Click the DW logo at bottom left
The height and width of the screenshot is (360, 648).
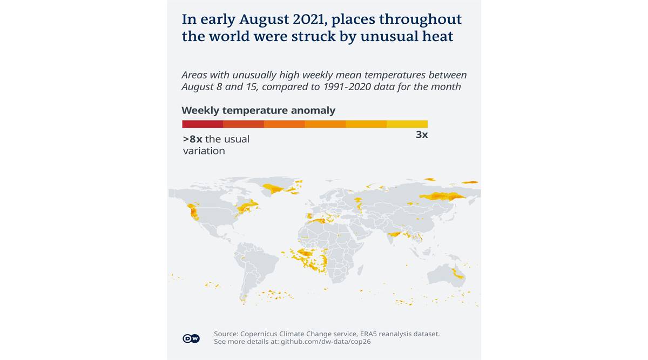pyautogui.click(x=191, y=338)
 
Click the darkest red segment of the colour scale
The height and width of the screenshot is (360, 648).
pyautogui.click(x=202, y=124)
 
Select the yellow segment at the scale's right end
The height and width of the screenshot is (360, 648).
pyautogui.click(x=407, y=124)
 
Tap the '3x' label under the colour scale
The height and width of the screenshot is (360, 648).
pyautogui.click(x=422, y=135)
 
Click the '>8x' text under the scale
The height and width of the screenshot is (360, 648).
pyautogui.click(x=193, y=139)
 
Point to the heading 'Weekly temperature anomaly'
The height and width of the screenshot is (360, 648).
pyautogui.click(x=258, y=111)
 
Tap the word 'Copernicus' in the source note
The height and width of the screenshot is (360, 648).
pyautogui.click(x=262, y=334)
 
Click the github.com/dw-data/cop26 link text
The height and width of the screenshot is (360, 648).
pyautogui.click(x=326, y=342)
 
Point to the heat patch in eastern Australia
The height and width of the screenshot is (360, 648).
pyautogui.click(x=458, y=274)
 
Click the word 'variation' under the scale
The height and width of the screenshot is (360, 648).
pyautogui.click(x=204, y=151)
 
